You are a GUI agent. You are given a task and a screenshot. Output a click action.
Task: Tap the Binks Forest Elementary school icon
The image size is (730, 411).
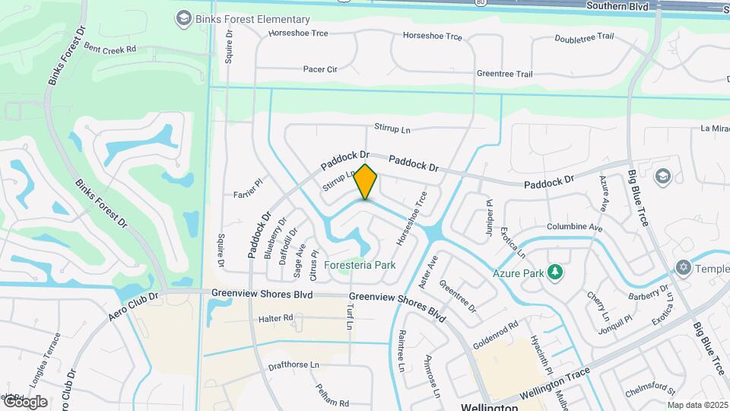pos(182,18)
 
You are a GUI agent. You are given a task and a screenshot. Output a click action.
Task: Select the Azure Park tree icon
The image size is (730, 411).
pos(556,271)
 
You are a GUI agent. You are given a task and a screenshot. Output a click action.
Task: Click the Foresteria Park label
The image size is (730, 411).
pos(360,266)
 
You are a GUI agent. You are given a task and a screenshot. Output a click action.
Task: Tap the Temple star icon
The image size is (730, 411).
pos(682,269)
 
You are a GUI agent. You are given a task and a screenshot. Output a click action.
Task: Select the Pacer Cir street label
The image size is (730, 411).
pos(320,69)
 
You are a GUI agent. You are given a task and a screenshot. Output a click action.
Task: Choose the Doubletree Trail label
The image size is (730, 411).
pos(584,37)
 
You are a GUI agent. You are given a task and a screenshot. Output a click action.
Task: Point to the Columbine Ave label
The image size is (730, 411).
pos(574,228)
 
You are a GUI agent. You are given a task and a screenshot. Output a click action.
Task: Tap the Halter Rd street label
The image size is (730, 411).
pos(275,318)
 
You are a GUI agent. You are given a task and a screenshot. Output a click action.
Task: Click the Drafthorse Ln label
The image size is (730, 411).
pos(294,365)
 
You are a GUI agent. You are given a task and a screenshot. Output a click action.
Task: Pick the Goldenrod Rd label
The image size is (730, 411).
pos(495,333)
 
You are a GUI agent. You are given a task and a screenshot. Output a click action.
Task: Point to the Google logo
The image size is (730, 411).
pos(24,401)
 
